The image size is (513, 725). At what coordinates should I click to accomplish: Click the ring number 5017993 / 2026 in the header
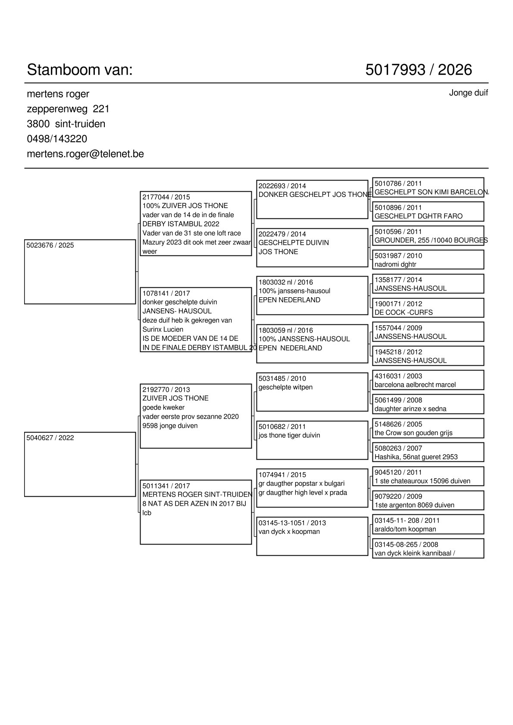click(x=418, y=70)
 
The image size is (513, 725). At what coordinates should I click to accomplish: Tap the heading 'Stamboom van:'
click(x=80, y=70)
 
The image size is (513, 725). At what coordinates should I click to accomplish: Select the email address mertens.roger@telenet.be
click(x=85, y=154)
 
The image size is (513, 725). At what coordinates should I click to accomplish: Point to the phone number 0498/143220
click(x=57, y=139)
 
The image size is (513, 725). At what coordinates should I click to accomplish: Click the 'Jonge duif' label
click(x=468, y=93)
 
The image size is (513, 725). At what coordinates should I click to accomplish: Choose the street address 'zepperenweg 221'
click(x=68, y=109)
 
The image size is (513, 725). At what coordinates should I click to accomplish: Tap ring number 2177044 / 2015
click(x=166, y=197)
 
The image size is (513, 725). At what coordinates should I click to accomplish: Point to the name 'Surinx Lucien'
click(x=163, y=330)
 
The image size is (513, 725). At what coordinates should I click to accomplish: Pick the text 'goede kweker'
click(x=163, y=408)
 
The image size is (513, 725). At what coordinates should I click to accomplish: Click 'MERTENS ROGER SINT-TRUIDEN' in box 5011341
click(x=197, y=495)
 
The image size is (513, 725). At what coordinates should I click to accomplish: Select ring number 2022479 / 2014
click(x=282, y=234)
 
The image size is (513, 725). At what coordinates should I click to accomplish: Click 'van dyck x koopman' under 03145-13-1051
click(x=289, y=532)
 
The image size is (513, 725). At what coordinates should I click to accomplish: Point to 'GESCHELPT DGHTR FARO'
click(x=418, y=216)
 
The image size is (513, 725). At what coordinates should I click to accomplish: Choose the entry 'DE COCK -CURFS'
click(x=404, y=312)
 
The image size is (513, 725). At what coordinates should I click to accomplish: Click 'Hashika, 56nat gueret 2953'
click(x=416, y=457)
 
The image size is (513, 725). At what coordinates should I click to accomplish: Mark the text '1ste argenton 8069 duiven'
click(x=414, y=505)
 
